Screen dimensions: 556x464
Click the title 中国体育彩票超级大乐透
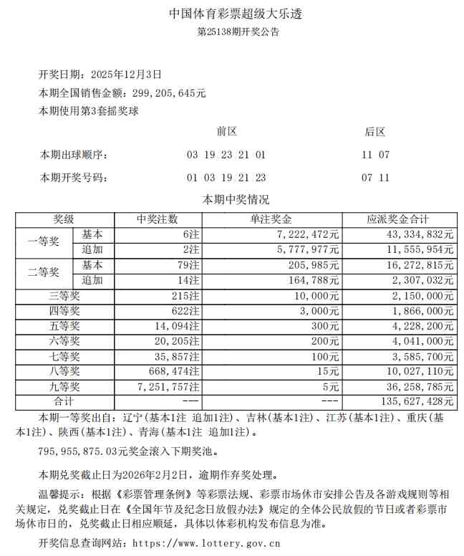[x=231, y=14]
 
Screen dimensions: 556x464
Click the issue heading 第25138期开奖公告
[x=231, y=32]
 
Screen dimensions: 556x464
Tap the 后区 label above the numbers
[x=375, y=131]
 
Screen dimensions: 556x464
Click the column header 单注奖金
[x=271, y=220]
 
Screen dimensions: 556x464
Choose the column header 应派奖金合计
[x=397, y=220]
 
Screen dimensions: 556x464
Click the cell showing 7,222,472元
[x=309, y=234]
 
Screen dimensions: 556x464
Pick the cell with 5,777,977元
[x=309, y=250]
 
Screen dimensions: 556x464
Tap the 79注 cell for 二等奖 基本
[x=189, y=265]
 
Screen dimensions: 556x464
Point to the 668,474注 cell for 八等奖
[x=175, y=371]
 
